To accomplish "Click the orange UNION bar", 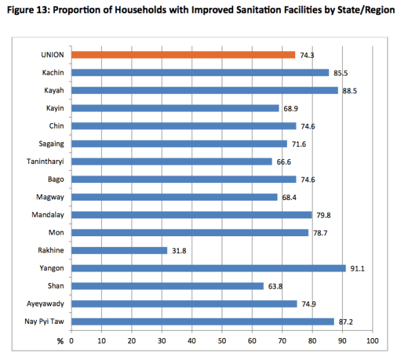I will [183, 54].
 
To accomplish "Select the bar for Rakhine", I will [119, 250].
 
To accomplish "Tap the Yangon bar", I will [208, 268].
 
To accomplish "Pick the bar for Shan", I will [167, 286].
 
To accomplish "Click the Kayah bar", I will [204, 90].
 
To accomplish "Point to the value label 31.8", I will [180, 250].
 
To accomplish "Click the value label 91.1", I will [358, 268].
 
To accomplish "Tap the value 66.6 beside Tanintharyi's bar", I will [284, 161].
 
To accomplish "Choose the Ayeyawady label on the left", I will [46, 304].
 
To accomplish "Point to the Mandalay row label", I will [48, 215].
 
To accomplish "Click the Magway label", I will [50, 197].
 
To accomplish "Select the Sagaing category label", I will [50, 144].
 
